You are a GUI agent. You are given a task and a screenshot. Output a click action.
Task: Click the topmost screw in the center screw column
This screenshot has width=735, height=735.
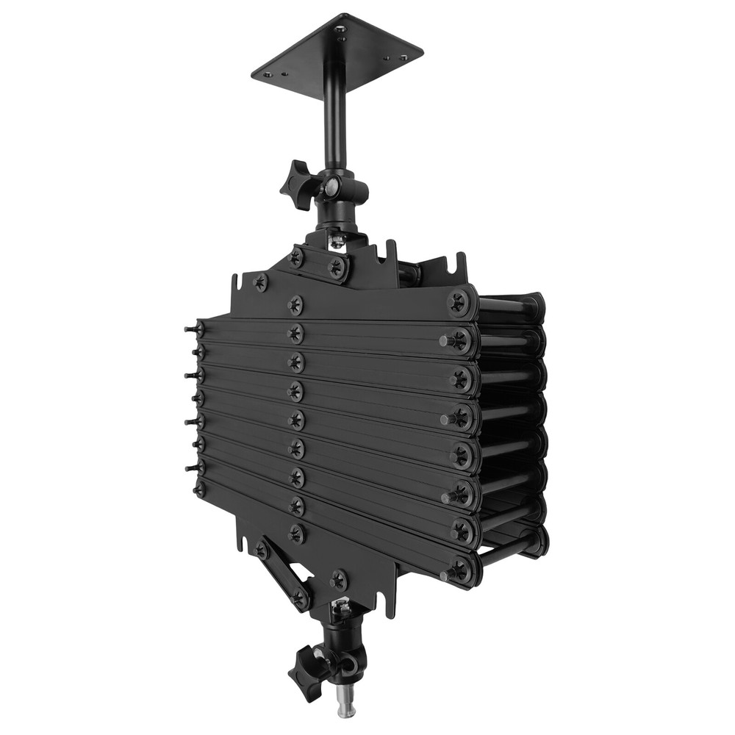[x=296, y=303]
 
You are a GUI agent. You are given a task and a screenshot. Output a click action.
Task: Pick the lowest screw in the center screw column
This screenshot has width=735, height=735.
[x=297, y=533]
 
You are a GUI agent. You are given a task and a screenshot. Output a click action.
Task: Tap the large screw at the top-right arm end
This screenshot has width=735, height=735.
[x=459, y=302]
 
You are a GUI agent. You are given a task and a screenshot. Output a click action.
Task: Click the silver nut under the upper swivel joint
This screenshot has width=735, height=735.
[x=337, y=241]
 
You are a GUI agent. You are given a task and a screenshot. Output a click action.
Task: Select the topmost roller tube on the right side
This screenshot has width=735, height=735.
[x=511, y=304]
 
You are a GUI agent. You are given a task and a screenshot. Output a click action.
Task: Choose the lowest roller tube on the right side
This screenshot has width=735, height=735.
[x=514, y=548]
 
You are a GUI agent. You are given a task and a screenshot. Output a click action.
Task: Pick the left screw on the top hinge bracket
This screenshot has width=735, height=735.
[x=296, y=257]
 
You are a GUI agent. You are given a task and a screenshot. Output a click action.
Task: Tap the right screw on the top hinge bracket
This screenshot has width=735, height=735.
[x=337, y=267]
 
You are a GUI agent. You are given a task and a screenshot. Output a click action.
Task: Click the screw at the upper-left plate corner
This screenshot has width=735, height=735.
[x=260, y=282]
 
